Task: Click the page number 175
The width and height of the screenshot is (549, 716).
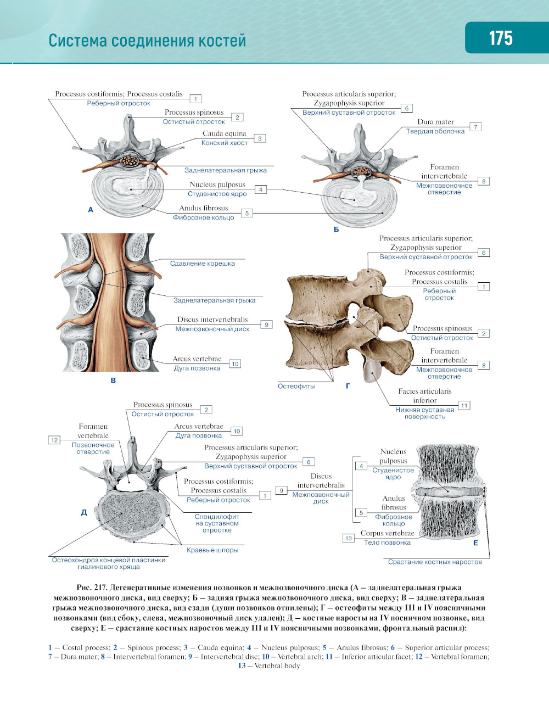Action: (x=501, y=38)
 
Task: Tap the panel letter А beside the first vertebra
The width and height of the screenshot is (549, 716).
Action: (x=91, y=210)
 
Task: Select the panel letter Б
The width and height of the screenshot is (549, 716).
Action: (x=336, y=230)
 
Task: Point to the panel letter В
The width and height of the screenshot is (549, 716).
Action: (x=113, y=380)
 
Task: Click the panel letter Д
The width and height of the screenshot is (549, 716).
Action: (x=84, y=512)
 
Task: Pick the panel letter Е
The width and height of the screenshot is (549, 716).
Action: (x=475, y=543)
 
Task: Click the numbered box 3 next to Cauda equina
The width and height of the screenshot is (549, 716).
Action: (x=260, y=138)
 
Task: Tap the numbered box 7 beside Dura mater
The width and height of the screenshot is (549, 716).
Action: (x=475, y=127)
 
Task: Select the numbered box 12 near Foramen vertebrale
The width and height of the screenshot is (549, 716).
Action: (x=54, y=440)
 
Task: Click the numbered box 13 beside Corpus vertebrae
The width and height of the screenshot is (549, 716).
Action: (x=349, y=538)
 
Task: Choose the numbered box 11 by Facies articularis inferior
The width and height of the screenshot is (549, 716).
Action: (x=464, y=405)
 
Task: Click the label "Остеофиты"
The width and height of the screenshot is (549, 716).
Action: (x=296, y=386)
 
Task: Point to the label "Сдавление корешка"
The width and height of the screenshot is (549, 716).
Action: (x=202, y=264)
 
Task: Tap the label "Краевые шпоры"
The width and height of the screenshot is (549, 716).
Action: (x=212, y=550)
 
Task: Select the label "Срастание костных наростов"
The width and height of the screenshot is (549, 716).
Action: (x=435, y=562)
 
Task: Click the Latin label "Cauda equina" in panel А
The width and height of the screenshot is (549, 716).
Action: (x=224, y=133)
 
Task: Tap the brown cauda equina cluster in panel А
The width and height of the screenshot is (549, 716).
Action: (x=130, y=161)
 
